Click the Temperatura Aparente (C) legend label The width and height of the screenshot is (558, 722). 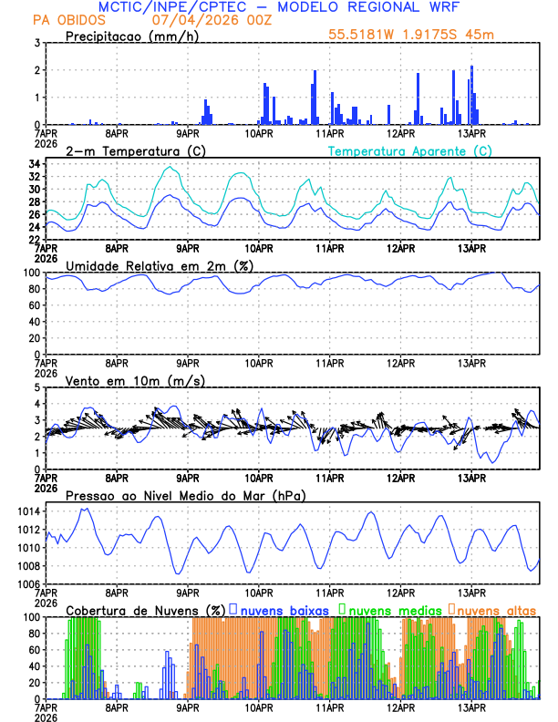point(409,150)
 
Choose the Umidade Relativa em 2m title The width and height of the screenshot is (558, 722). point(160,265)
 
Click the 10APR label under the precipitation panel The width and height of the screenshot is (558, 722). point(259,133)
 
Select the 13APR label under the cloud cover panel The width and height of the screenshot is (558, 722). point(471,707)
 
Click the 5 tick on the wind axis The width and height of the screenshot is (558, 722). point(37,387)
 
